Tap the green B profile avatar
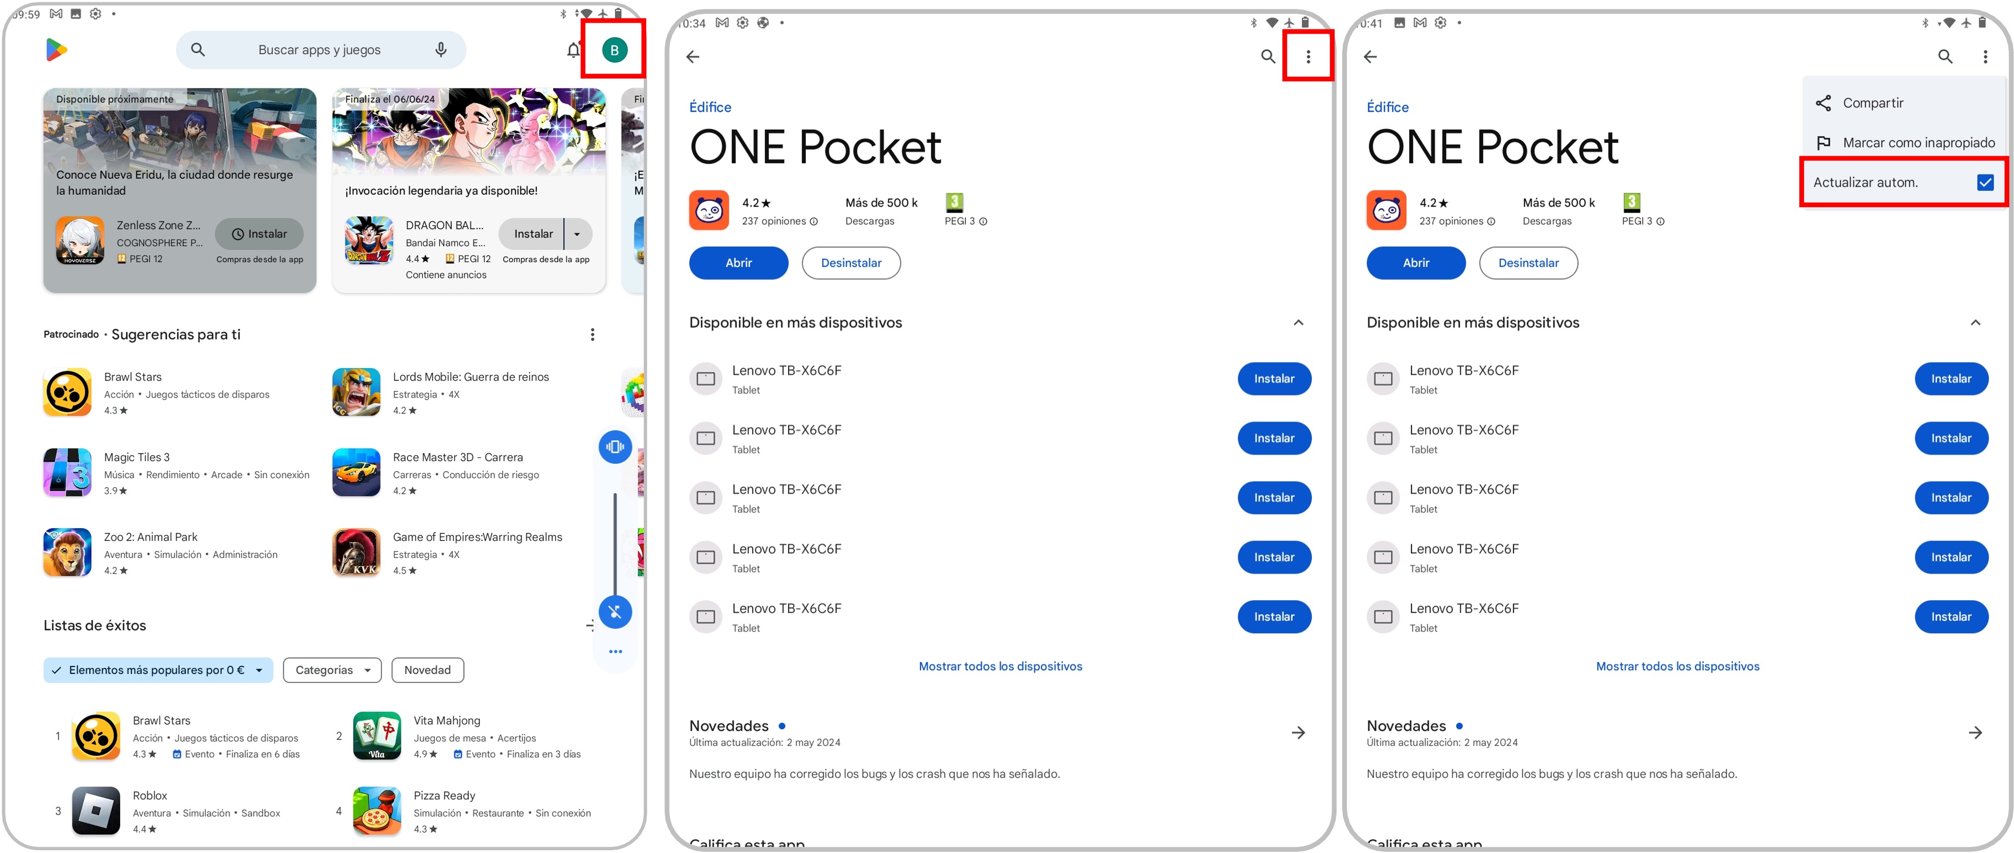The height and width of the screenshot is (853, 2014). pos(614,50)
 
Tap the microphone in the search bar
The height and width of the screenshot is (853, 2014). pos(441,50)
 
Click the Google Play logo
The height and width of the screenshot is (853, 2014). pos(56,50)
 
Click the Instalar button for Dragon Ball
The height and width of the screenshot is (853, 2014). pos(533,234)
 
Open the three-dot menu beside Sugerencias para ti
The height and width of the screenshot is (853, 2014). pos(592,335)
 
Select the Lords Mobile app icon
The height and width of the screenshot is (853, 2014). pos(356,392)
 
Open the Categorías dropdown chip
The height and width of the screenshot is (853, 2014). pos(332,670)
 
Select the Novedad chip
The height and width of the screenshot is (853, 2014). pos(428,670)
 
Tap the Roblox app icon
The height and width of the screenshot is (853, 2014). pos(96,811)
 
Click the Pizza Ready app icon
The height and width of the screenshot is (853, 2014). pos(377,811)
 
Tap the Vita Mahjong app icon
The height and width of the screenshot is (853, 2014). pos(377,736)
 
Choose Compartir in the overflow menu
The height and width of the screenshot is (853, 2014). pos(1872,103)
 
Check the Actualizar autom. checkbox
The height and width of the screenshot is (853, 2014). pos(1985,182)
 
